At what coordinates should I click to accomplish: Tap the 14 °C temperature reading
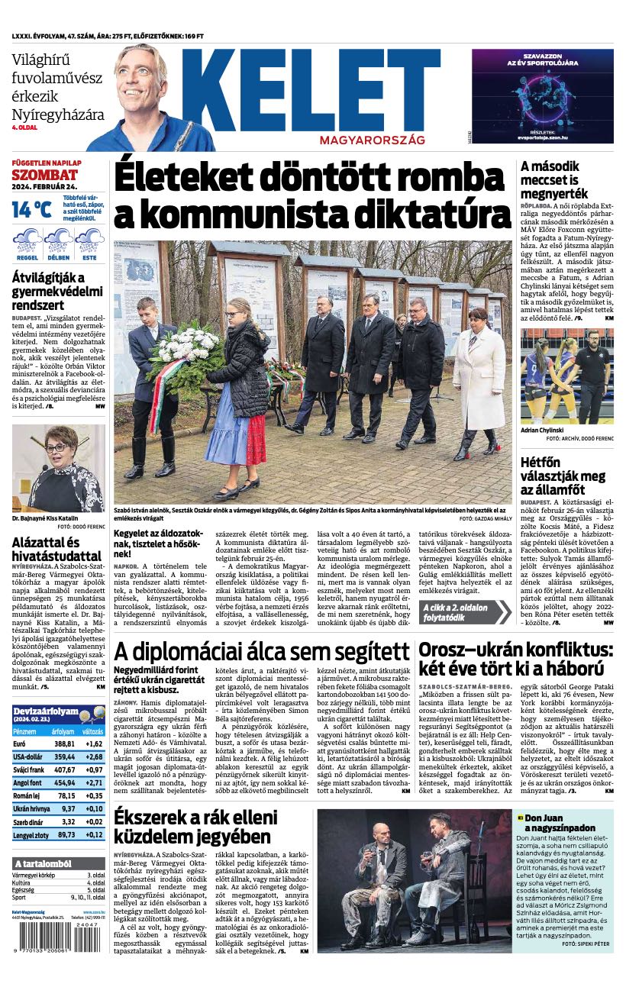[x=31, y=209]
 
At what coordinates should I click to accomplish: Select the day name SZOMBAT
[x=40, y=175]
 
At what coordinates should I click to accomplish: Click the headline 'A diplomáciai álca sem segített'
[x=262, y=652]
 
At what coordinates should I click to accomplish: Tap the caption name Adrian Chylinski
[x=544, y=431]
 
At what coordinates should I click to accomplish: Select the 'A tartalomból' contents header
[x=43, y=863]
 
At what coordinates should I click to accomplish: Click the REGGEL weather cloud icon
[x=27, y=240]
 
